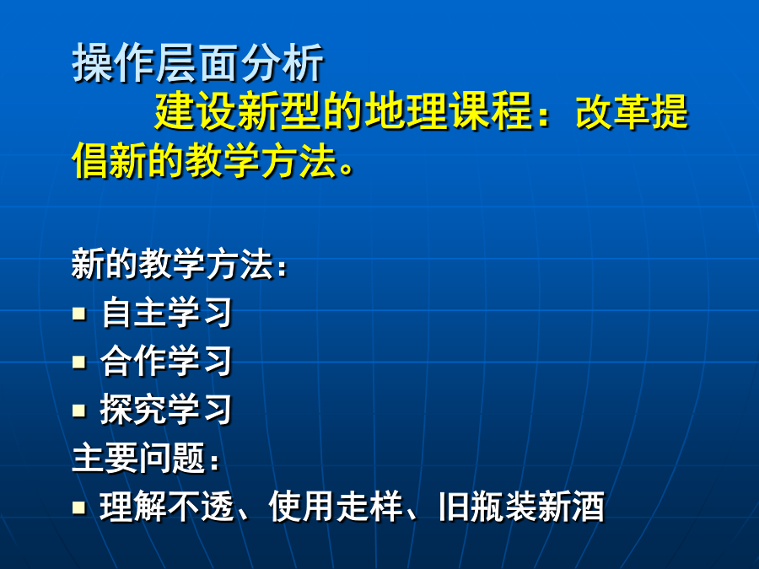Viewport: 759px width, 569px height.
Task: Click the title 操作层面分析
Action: tap(198, 63)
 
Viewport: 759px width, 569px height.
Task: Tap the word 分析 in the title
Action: tap(283, 63)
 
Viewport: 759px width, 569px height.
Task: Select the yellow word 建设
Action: tap(196, 111)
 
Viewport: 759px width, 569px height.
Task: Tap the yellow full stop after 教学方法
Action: tap(347, 168)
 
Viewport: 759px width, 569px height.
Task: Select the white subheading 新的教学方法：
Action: tap(179, 264)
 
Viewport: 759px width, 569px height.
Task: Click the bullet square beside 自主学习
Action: tap(79, 314)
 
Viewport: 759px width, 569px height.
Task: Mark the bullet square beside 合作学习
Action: tap(79, 362)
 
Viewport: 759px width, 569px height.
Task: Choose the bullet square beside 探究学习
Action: tap(79, 411)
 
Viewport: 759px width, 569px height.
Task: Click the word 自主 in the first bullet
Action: tap(134, 313)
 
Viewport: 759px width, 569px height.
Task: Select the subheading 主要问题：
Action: tap(145, 458)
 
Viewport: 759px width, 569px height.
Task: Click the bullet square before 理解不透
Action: tap(79, 507)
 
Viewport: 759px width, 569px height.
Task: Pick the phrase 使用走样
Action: tap(336, 507)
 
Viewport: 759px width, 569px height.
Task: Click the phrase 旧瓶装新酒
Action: tap(522, 507)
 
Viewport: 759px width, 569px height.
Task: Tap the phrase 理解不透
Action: tap(168, 507)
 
